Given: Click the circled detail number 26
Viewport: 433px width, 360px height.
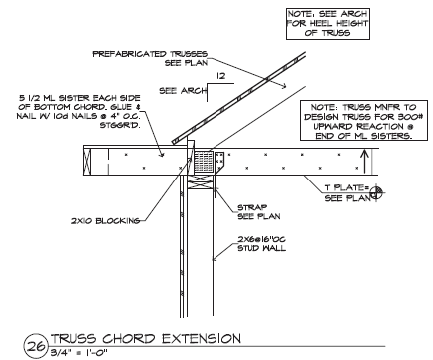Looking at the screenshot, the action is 36,346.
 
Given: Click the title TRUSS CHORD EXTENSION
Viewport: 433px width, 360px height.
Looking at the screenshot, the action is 146,339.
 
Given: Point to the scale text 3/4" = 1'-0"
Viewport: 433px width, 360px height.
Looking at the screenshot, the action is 79,353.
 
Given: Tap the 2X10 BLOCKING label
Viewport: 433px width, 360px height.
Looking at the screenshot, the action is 105,221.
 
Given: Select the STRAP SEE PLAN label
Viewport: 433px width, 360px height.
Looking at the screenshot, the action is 258,212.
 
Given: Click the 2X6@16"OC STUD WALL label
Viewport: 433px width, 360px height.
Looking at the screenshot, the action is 261,244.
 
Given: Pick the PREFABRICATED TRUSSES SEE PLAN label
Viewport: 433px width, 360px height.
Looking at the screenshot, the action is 150,58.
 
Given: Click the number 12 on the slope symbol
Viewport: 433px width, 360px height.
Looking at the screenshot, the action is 220,76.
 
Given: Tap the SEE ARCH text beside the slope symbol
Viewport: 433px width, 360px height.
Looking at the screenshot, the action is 183,91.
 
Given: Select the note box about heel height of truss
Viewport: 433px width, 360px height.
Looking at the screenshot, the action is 328,24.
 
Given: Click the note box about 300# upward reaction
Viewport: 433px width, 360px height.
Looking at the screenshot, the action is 364,121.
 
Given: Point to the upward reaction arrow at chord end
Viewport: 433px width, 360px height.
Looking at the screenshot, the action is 364,162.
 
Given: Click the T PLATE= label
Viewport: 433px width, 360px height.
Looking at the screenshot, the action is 347,187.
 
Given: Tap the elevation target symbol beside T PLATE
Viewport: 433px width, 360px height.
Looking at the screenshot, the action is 376,192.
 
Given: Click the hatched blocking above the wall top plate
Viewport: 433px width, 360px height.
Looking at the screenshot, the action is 204,162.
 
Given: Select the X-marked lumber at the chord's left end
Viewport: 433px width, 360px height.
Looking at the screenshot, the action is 87,162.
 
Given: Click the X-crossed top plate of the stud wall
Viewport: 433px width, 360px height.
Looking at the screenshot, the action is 201,182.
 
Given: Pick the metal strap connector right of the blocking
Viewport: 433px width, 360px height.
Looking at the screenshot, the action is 219,163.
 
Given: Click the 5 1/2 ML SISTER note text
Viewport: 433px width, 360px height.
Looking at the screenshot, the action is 79,112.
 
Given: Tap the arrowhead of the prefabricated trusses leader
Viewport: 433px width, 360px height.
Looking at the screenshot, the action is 284,87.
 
